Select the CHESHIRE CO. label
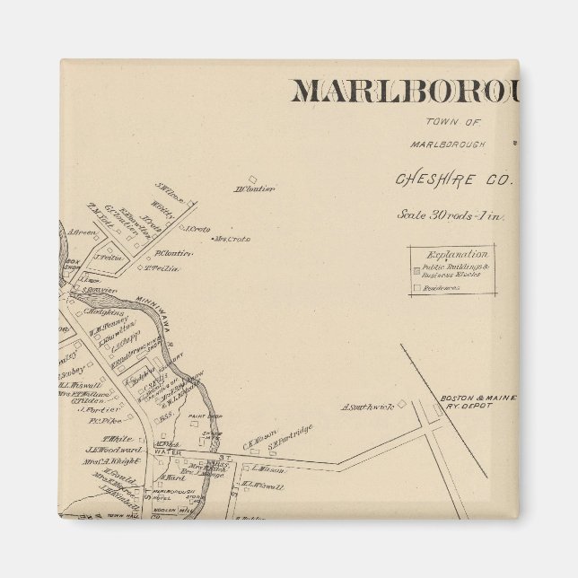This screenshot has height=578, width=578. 453,179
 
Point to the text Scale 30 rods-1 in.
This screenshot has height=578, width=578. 453,215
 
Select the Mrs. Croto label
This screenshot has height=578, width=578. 231,240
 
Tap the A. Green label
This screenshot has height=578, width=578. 83,232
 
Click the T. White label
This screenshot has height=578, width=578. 98,438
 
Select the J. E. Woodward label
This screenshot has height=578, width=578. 112,450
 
